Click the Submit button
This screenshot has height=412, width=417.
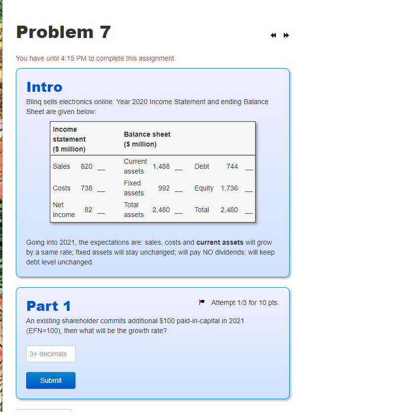(x=51, y=380)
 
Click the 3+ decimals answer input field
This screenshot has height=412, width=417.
(x=51, y=354)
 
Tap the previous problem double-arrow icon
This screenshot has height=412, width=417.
(x=273, y=36)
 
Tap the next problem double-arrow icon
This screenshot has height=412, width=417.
(x=286, y=36)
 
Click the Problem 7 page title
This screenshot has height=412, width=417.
(x=63, y=32)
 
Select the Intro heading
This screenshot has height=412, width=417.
(x=44, y=87)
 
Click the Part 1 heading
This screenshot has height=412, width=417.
(x=48, y=306)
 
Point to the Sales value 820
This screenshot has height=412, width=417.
(x=86, y=166)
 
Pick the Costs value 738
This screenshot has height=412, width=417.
(x=86, y=188)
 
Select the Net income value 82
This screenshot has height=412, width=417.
(x=88, y=210)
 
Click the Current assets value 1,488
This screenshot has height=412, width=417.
(x=161, y=166)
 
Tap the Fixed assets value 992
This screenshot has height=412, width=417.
(x=164, y=188)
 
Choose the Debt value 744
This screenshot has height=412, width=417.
(x=232, y=166)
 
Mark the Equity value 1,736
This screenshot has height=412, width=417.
(x=229, y=188)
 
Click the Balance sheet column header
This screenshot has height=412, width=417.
(x=147, y=139)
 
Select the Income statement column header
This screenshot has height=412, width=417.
(x=69, y=139)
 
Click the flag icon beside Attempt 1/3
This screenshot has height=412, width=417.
(x=202, y=302)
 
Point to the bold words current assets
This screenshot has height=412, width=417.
(x=220, y=242)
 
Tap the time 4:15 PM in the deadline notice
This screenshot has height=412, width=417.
(x=73, y=58)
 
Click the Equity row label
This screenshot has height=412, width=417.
(x=204, y=188)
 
